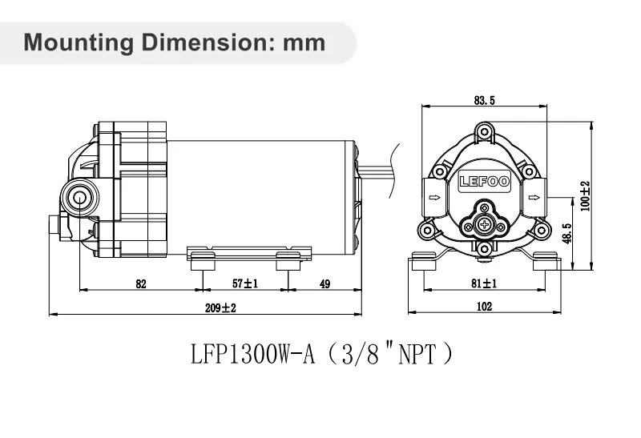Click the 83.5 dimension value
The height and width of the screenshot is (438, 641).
(x=485, y=101)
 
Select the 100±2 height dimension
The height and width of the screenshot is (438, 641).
(x=584, y=195)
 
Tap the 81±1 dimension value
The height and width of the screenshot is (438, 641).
(x=484, y=283)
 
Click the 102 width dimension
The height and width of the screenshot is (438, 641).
(x=484, y=306)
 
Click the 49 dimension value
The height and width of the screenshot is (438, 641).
(x=325, y=283)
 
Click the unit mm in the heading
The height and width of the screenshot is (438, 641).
(x=304, y=42)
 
